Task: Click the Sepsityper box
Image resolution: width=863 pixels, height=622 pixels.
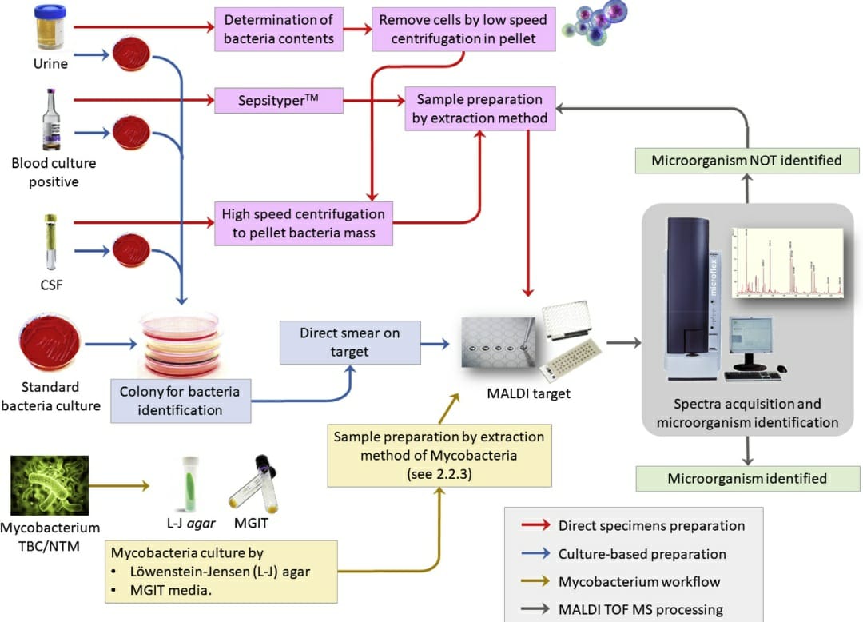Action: [x=278, y=101]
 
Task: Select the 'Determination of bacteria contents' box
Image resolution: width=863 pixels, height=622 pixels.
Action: [x=278, y=29]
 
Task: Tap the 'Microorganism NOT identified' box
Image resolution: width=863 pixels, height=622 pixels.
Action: [x=746, y=160]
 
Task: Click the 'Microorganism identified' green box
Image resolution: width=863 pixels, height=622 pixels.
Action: [x=746, y=478]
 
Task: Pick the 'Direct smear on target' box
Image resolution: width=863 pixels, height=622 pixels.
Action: [x=350, y=341]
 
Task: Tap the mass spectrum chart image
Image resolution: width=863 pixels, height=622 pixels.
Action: [x=787, y=262]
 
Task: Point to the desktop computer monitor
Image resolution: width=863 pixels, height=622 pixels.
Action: [x=750, y=342]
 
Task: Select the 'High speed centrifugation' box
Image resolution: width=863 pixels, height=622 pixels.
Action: [x=304, y=223]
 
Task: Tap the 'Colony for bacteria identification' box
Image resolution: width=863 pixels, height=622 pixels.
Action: [x=181, y=401]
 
